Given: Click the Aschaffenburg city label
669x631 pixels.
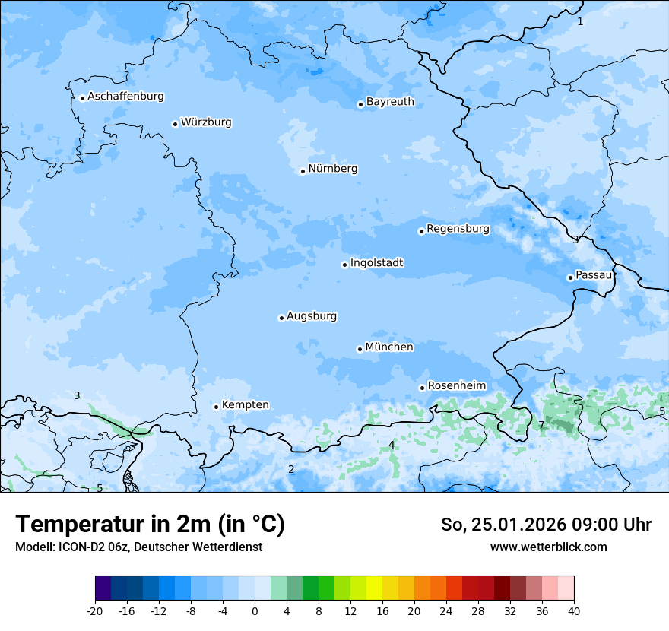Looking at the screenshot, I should [x=125, y=97].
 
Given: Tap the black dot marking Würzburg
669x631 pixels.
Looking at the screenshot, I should [x=175, y=124].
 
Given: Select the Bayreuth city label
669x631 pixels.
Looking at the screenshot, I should [x=390, y=102].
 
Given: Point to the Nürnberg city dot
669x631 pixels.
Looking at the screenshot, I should [x=303, y=171].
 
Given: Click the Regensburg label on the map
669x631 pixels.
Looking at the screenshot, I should [x=458, y=229].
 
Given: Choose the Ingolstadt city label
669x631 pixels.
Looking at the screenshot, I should [x=376, y=263].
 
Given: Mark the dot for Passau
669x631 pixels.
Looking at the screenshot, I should [x=570, y=277].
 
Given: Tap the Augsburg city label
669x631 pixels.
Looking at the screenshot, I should [x=312, y=316].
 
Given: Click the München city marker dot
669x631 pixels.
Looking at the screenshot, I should [x=360, y=349].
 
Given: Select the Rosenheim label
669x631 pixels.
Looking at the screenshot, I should [x=456, y=386].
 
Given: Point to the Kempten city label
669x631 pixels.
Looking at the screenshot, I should [x=245, y=405].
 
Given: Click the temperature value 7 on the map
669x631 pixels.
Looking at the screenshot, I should [x=541, y=426].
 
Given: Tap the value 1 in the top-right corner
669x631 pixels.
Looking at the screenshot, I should [x=580, y=21].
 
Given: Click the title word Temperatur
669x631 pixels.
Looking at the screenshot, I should [x=70, y=525].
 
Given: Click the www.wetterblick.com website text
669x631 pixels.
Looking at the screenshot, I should [x=548, y=547].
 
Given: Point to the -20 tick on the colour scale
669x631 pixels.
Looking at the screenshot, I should [x=95, y=611].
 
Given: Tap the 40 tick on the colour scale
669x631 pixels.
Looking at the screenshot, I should [x=573, y=611].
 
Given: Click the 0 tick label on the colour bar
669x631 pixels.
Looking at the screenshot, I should [x=255, y=611].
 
